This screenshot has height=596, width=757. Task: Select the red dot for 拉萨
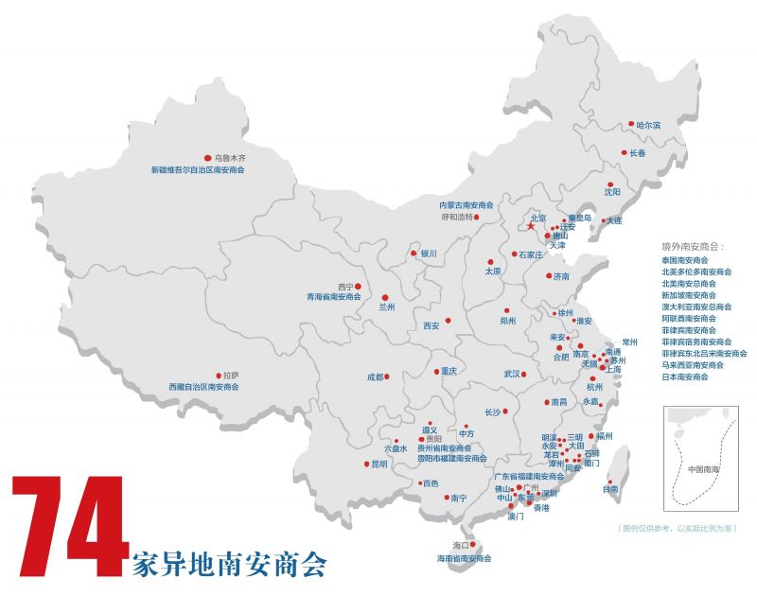click(x=219, y=375)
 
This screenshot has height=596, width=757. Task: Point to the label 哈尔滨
click(x=648, y=125)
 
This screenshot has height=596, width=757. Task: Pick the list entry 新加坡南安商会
click(x=692, y=295)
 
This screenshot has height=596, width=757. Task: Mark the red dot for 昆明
click(x=366, y=464)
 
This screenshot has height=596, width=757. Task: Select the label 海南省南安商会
click(x=464, y=558)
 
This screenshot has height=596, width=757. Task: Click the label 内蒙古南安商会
click(x=467, y=204)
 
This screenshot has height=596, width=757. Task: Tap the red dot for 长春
click(x=623, y=152)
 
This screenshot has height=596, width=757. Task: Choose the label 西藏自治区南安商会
click(x=203, y=387)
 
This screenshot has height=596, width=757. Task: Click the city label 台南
click(x=610, y=489)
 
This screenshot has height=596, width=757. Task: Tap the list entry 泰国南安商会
click(x=686, y=259)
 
